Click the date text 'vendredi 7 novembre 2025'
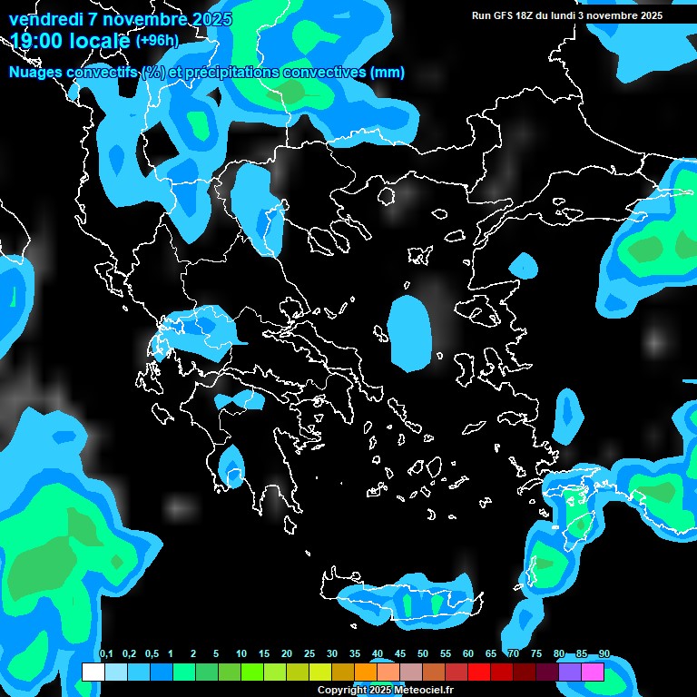tap(121, 19)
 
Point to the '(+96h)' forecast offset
tap(157, 41)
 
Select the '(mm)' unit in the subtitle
tap(388, 73)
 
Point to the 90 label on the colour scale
tap(604, 654)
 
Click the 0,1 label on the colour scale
tap(106, 654)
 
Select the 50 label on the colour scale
tap(423, 654)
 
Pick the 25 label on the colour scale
tap(309, 654)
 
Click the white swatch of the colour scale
tap(93, 672)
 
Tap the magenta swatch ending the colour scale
tap(593, 672)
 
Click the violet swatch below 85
tap(570, 672)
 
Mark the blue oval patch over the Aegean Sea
tap(409, 332)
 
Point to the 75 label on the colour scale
tap(536, 654)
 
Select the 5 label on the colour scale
tap(216, 654)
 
